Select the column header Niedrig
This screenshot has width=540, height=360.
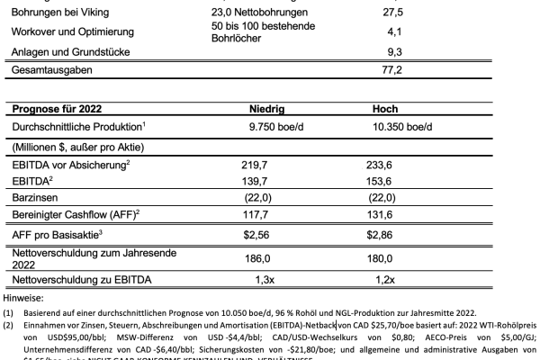pyautogui.click(x=266, y=109)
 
